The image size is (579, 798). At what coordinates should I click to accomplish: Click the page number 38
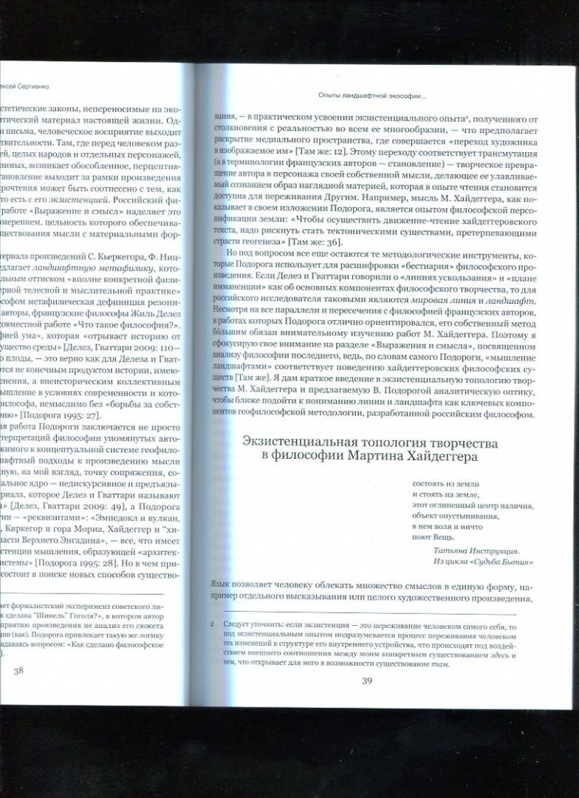[19, 670]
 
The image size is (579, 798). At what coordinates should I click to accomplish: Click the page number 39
[367, 680]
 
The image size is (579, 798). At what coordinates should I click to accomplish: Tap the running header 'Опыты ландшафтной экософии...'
[363, 95]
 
